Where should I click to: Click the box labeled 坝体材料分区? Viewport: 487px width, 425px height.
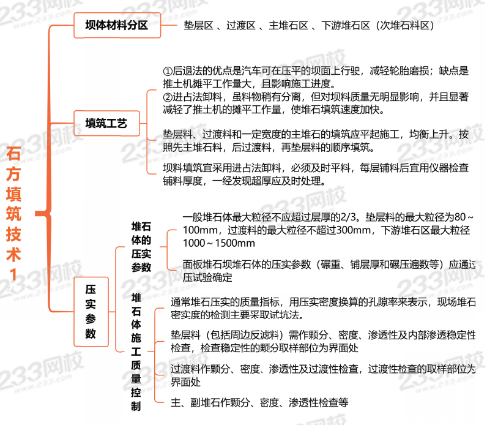[x=116, y=26]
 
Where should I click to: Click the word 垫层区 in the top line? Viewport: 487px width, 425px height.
[x=198, y=26]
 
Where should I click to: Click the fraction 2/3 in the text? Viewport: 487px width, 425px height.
[x=350, y=217]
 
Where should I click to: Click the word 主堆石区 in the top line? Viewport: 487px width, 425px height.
[x=286, y=26]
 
